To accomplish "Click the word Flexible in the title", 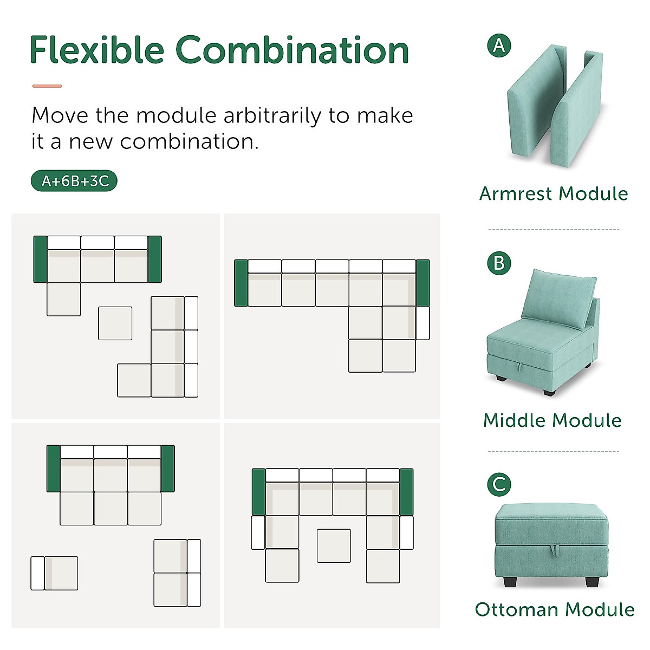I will [x=96, y=50].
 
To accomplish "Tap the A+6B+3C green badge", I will [x=74, y=181].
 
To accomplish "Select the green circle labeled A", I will [x=499, y=45].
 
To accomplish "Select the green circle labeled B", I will [x=499, y=263].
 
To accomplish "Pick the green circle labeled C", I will [x=499, y=484].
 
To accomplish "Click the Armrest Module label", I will [x=554, y=193].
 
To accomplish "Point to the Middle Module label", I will [x=552, y=420].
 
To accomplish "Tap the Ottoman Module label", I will [x=555, y=609].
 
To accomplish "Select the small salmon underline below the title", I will [x=47, y=86].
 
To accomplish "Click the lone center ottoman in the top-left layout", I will [x=115, y=323].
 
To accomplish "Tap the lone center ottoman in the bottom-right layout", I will [x=334, y=545].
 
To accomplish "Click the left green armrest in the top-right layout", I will [x=241, y=283].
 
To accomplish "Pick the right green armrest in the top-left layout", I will [x=155, y=259].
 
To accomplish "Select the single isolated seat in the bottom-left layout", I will [x=55, y=573].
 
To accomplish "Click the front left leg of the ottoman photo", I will [x=509, y=582].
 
